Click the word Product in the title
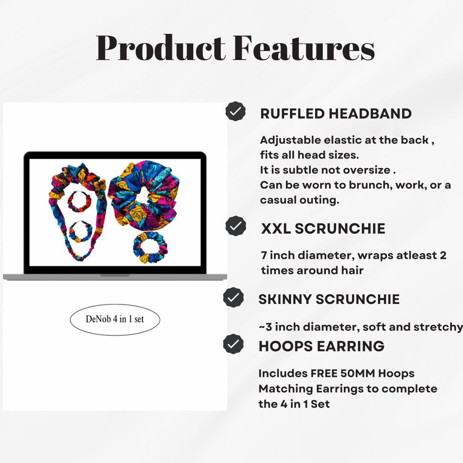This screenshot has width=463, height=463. [x=161, y=48]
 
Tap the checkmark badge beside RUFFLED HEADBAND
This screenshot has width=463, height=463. [x=235, y=112]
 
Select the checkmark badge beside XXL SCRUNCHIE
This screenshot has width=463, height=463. [x=235, y=226]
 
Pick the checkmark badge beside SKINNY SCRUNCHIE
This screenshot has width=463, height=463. [x=234, y=298]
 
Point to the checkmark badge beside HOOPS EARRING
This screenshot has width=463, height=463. [x=234, y=344]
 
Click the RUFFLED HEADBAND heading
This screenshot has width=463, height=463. [x=336, y=114]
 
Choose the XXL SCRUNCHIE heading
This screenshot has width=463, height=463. [x=323, y=229]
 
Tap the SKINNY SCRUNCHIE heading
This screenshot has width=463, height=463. [x=329, y=299]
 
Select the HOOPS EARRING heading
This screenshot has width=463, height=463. [x=322, y=346]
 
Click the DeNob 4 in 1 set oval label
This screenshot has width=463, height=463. [x=115, y=319]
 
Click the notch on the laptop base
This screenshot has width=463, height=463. [x=115, y=275]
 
